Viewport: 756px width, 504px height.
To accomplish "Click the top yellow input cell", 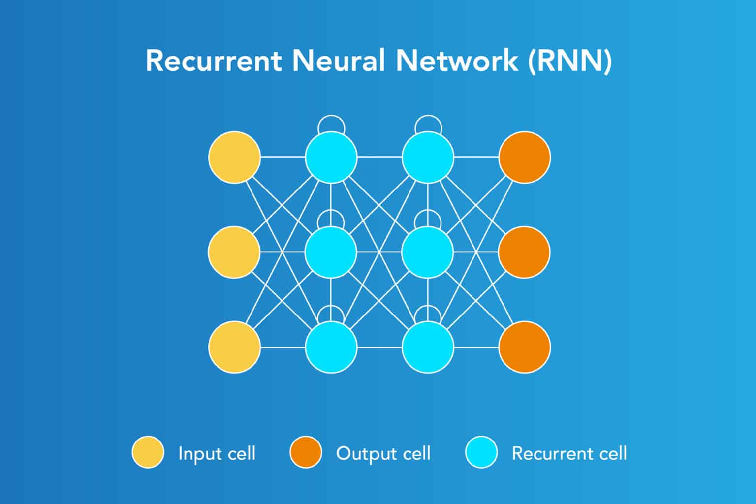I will point(234,157).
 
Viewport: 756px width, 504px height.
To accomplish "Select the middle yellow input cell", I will point(234,252).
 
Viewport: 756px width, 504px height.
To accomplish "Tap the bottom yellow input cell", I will point(234,347).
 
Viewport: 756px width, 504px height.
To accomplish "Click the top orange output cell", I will point(525,157).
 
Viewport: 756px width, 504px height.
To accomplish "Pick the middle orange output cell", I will point(525,252).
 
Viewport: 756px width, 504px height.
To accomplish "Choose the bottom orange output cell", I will point(525,347).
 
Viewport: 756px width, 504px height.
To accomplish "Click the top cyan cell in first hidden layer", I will point(331,157).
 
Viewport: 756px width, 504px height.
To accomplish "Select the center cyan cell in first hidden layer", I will point(331,252).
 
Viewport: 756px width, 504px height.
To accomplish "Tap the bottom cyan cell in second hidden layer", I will point(428,347).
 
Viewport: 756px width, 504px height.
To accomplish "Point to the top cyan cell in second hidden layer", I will point(428,157).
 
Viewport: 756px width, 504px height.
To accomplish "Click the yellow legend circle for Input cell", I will point(148,452).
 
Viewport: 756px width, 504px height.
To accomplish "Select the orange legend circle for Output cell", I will point(305,452).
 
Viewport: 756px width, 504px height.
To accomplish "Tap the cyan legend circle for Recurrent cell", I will point(481,452).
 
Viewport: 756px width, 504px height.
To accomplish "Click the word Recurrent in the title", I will point(214,61).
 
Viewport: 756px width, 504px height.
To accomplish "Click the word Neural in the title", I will point(338,61).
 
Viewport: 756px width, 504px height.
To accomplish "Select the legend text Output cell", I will point(383,453).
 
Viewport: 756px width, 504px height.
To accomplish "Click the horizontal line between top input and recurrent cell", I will point(283,157).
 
